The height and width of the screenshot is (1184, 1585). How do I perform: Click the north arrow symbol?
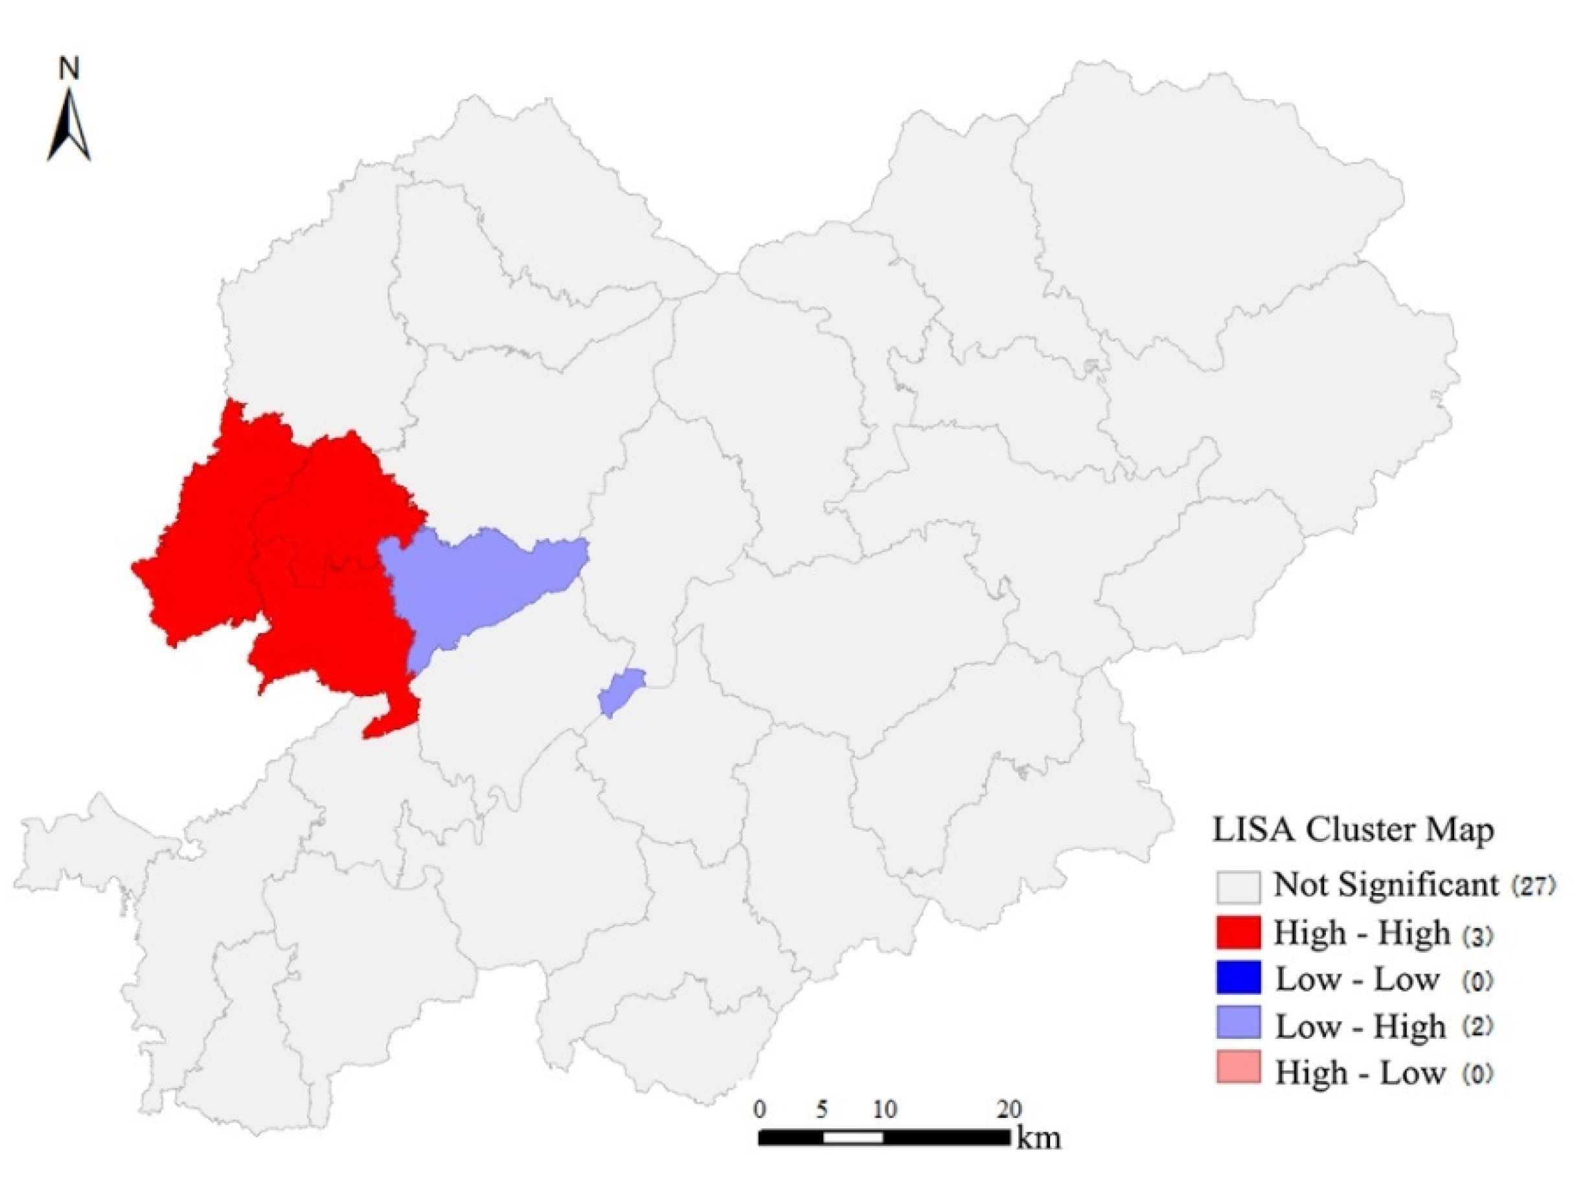coord(69,126)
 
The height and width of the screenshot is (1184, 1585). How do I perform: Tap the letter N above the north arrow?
coord(69,69)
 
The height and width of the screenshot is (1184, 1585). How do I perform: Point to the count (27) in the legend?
coord(1533,886)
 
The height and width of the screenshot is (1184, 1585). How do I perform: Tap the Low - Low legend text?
coord(1357,980)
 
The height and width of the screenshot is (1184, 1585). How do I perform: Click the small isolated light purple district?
coord(621,690)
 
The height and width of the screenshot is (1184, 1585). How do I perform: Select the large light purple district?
coord(473,587)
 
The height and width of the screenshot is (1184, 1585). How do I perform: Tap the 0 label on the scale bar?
coord(760,1110)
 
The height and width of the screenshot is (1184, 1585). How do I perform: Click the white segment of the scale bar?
coord(852,1137)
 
